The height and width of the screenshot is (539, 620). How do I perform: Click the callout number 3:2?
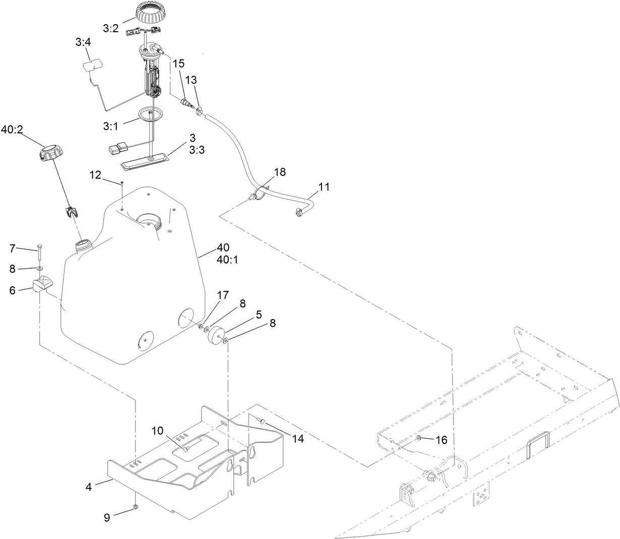pos(110,29)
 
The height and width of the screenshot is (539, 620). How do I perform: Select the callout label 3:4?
pos(83,43)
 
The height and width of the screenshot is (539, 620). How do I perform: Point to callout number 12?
pos(96,175)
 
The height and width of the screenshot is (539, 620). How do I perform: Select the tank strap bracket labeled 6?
pos(42,286)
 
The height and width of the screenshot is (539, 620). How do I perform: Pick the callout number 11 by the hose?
pos(324,187)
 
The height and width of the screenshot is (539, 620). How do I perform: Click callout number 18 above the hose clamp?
pos(280,172)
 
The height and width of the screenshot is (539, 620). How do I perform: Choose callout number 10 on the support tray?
pos(158,430)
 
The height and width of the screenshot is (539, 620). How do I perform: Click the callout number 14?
pos(298,438)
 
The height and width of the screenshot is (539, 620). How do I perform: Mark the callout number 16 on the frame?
pos(441,440)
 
